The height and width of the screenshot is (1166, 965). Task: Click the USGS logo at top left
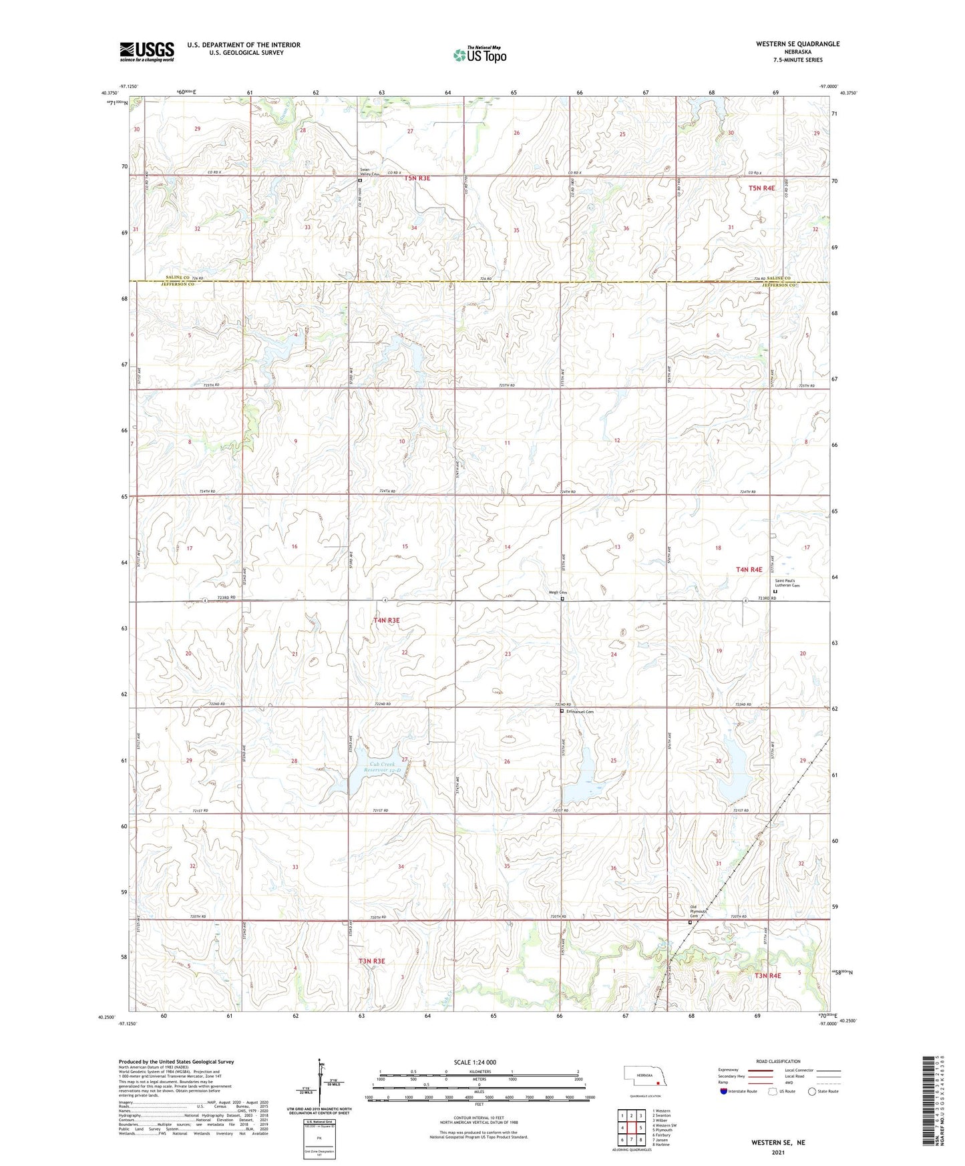[146, 51]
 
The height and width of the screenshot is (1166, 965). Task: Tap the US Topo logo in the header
[479, 55]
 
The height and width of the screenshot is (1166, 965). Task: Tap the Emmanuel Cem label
[580, 712]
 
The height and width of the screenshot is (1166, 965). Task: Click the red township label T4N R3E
[386, 620]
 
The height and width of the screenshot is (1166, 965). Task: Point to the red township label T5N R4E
[761, 188]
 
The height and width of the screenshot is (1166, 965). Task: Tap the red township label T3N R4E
[767, 976]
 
